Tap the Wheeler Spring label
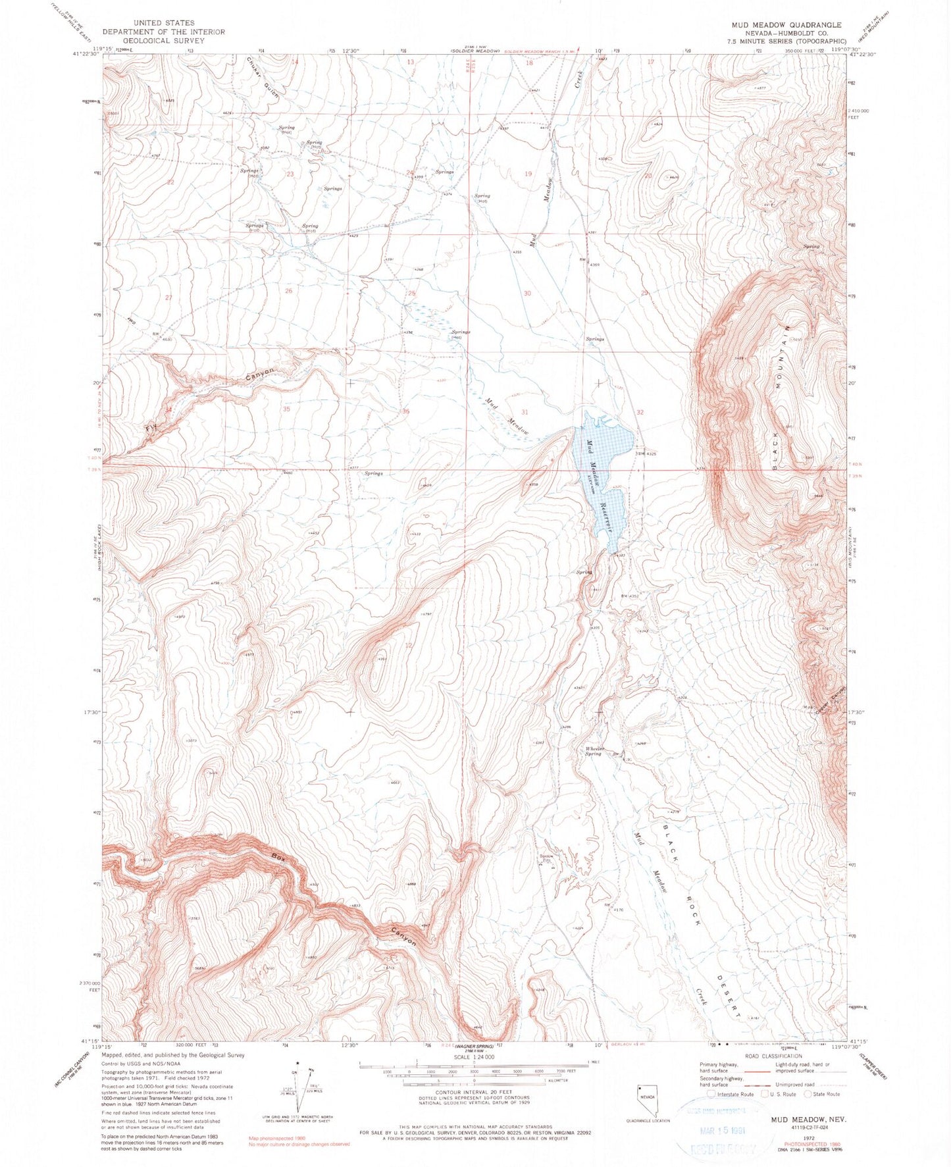(x=593, y=751)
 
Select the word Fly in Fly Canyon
(x=153, y=428)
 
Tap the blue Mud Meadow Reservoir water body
(x=604, y=474)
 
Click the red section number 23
(x=290, y=174)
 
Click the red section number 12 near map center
(x=409, y=645)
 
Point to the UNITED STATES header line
(x=163, y=22)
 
